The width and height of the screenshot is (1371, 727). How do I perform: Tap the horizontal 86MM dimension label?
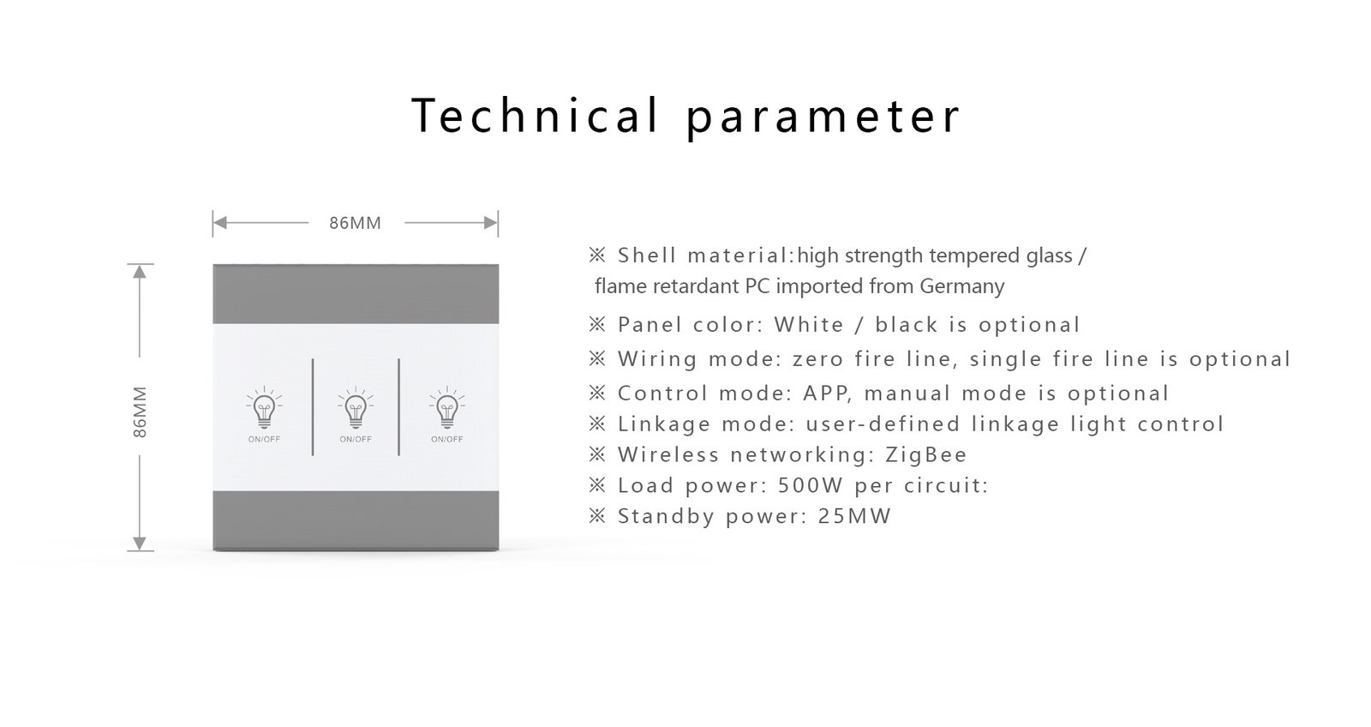coord(355,223)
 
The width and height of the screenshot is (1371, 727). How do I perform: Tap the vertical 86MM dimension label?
coord(141,412)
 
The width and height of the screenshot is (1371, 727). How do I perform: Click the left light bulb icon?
coord(264,408)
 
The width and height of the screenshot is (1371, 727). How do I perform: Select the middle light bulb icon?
coord(356,408)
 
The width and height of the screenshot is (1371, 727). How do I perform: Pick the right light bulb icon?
coord(447,408)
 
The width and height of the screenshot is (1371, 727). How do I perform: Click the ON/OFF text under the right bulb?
coord(447,439)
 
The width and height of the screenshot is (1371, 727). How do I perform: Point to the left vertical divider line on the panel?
coord(313,407)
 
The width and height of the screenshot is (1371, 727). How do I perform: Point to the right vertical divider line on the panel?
coord(399,407)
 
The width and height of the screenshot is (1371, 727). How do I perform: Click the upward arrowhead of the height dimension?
coord(141,271)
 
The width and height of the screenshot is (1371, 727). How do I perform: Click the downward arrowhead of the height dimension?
coord(141,544)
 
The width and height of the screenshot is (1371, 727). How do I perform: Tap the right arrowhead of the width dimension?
coord(491,223)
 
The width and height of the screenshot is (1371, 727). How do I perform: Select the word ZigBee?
coord(925,454)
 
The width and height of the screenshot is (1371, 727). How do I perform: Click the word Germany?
coord(961,285)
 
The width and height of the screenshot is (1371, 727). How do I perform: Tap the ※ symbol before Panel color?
coord(597,324)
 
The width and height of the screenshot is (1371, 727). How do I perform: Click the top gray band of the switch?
coord(356,293)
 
